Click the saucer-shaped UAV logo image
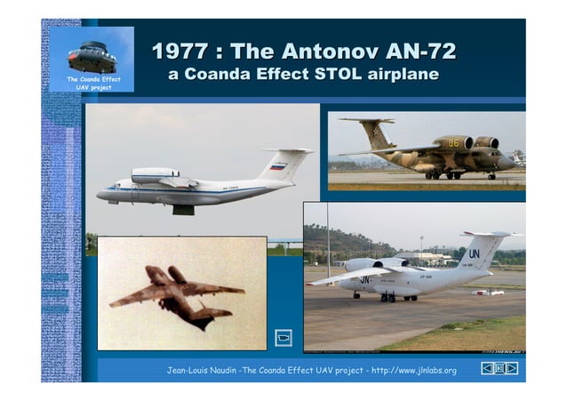click(x=92, y=57)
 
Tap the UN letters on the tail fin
click(x=474, y=253)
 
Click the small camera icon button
click(x=283, y=338)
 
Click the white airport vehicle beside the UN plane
click(x=487, y=292)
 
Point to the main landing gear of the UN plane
click(x=387, y=297)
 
